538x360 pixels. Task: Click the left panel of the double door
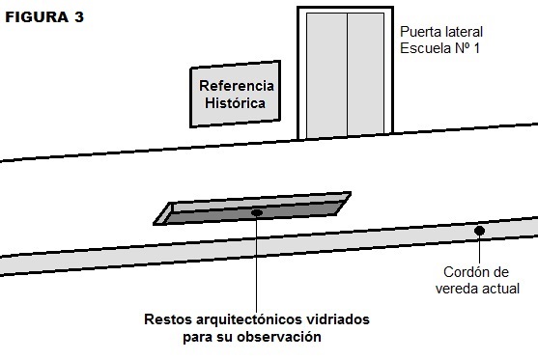coord(326,75)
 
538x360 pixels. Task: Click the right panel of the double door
coord(365,75)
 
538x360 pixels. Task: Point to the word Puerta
coord(421,32)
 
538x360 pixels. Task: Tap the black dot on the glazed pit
coord(257,213)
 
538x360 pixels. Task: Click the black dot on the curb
coord(480,231)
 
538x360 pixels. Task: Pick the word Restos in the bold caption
coord(167,319)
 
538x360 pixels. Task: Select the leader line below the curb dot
coord(480,249)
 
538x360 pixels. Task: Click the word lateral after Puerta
coord(464,32)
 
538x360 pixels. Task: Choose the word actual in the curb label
coord(501,290)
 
